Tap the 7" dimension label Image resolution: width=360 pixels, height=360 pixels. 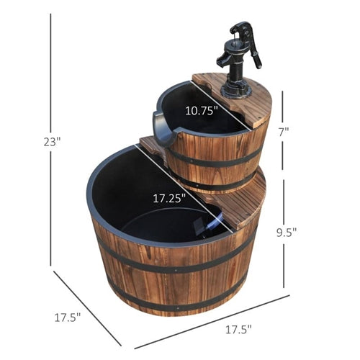click(x=284, y=132)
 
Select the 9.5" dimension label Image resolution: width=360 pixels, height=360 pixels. click(x=287, y=232)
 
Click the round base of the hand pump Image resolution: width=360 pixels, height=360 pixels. click(x=236, y=91)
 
